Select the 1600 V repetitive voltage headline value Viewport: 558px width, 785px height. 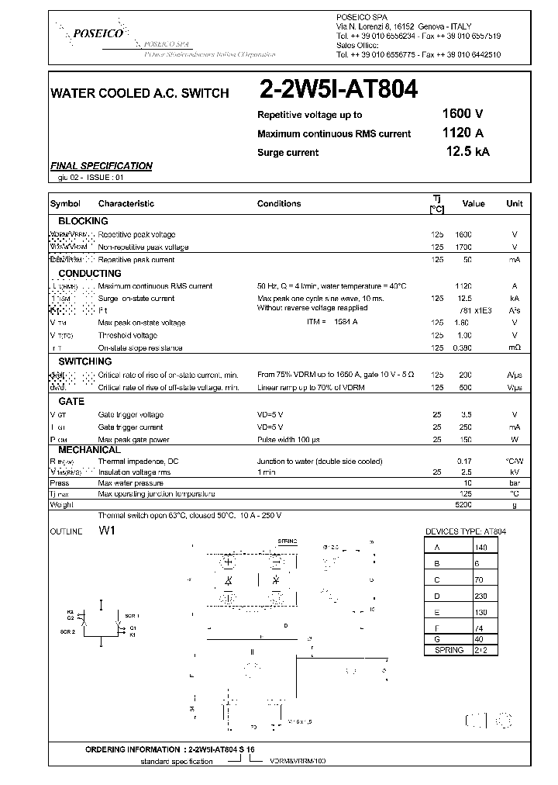tap(463, 114)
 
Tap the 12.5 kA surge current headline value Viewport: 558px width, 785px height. tap(467, 152)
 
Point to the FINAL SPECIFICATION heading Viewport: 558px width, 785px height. tap(101, 166)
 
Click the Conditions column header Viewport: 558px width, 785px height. tap(279, 204)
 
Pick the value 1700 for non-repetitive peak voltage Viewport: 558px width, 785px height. tap(463, 247)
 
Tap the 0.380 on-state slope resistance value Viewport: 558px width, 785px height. tap(463, 348)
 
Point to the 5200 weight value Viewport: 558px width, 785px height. tap(463, 504)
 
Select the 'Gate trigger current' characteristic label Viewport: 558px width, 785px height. tap(130, 427)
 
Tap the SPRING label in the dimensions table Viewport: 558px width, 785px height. tap(449, 650)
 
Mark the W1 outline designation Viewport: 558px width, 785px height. tap(106, 532)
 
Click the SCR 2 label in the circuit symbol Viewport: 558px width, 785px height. tap(68, 632)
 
